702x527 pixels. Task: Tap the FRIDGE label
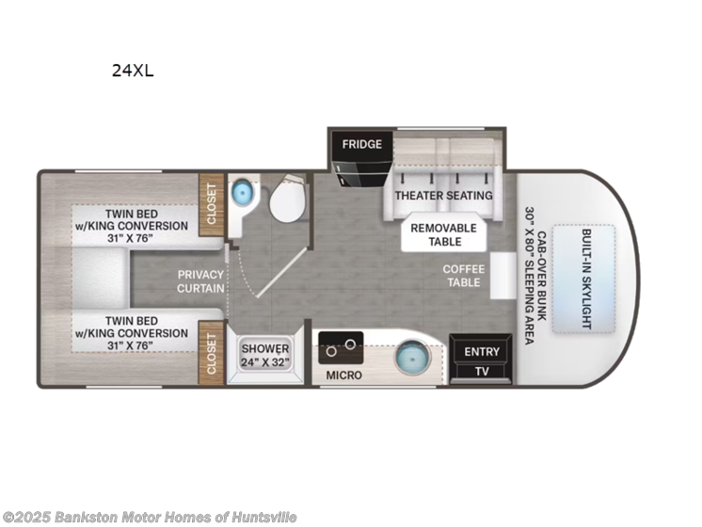pos(361,144)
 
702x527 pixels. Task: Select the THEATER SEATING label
pos(443,196)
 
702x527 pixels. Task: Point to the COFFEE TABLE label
pos(463,276)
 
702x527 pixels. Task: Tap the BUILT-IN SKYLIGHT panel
pos(584,279)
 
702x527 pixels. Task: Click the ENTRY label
pos(483,352)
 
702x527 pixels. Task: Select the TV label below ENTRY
pos(483,371)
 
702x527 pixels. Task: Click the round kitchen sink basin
pos(410,359)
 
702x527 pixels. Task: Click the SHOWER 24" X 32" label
pos(264,354)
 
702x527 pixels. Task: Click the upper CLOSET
pos(211,201)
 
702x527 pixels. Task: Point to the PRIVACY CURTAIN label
pos(200,281)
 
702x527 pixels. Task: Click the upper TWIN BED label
pos(132,226)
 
